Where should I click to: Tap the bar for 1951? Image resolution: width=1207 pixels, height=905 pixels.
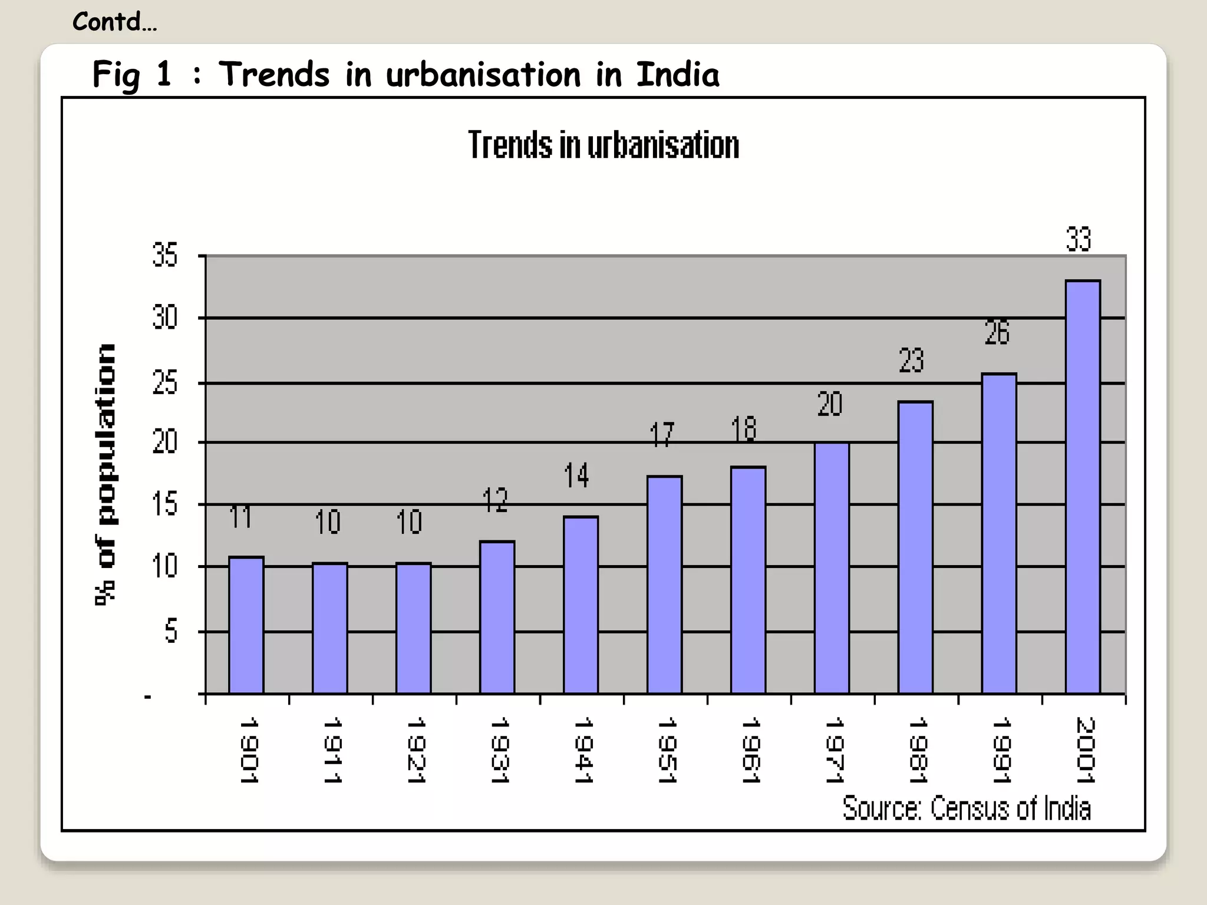click(664, 584)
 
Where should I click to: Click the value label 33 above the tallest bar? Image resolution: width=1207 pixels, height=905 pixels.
click(1078, 239)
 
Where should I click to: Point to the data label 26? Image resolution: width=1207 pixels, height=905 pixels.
click(997, 332)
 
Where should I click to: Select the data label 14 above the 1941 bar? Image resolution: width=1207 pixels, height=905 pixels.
click(576, 475)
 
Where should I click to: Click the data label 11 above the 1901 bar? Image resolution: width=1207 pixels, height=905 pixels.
click(240, 517)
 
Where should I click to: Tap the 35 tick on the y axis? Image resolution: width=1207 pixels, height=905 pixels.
click(164, 255)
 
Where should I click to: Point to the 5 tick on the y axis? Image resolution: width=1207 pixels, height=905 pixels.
click(170, 631)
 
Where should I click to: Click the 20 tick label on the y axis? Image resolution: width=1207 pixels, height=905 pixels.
click(164, 441)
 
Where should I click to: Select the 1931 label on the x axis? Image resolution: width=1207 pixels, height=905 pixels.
click(499, 749)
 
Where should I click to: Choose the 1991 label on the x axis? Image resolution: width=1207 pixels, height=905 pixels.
click(1001, 749)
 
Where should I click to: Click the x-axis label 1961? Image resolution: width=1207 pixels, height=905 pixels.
click(750, 749)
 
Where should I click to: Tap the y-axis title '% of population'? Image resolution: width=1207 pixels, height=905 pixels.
click(106, 474)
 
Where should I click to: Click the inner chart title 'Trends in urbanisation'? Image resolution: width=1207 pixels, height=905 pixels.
click(603, 145)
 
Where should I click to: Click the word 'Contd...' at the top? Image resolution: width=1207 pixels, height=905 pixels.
click(114, 22)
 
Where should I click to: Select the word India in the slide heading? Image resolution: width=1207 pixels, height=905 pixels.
click(677, 75)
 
